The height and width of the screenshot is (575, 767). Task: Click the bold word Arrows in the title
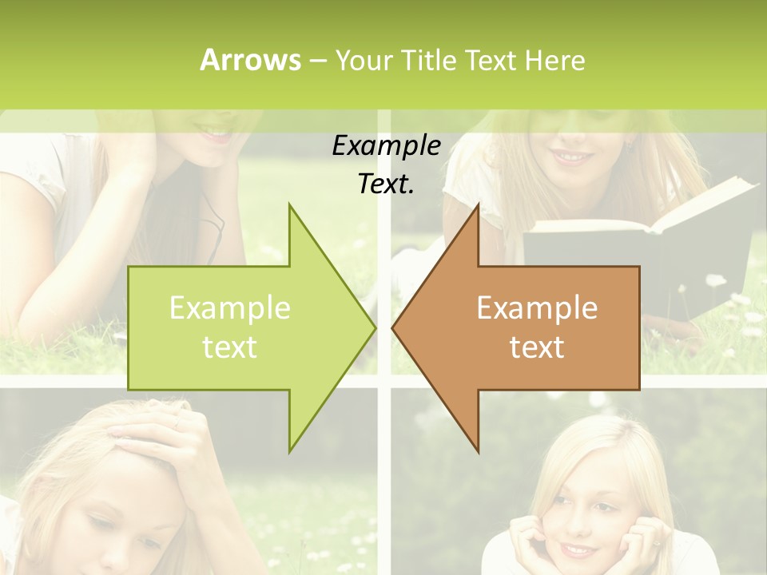[250, 60]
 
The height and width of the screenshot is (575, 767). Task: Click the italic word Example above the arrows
[386, 146]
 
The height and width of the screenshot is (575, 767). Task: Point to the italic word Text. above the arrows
[386, 184]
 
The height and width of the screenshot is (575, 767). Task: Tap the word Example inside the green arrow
[230, 308]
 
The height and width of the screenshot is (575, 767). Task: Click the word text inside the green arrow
[230, 347]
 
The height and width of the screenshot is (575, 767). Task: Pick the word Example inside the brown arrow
[537, 308]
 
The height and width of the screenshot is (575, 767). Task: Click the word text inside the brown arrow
[537, 347]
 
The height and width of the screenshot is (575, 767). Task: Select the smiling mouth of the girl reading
[572, 157]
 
